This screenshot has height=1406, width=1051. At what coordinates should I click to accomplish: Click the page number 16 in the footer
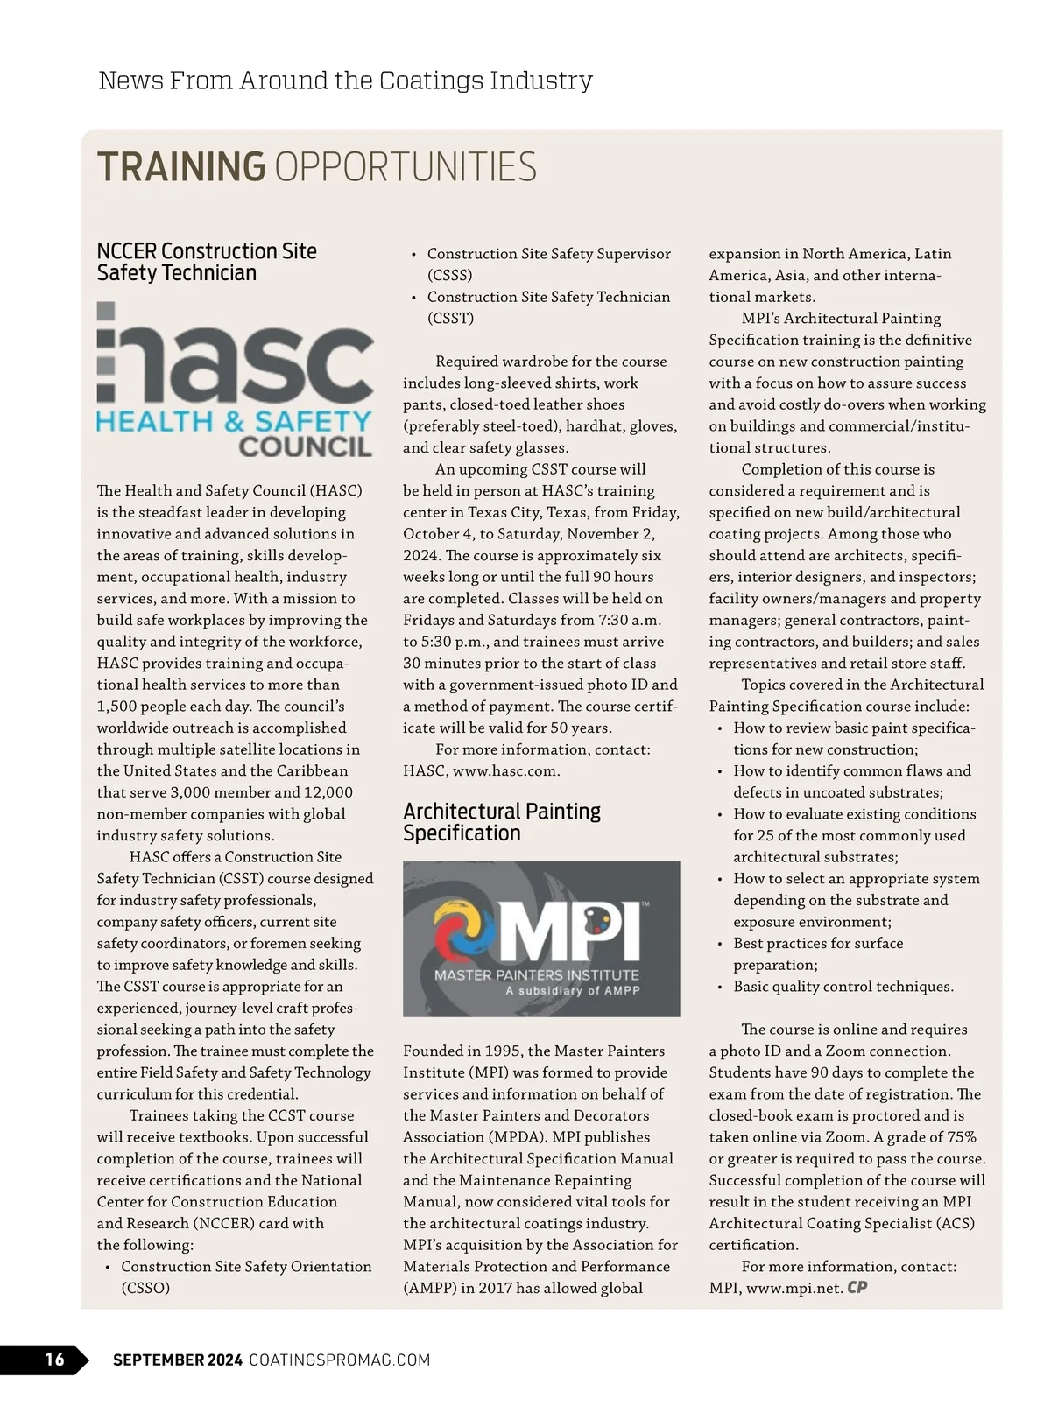tap(54, 1359)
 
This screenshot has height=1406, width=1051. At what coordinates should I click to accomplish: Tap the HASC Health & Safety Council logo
tap(235, 380)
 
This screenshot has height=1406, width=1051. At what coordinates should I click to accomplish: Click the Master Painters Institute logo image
tap(541, 939)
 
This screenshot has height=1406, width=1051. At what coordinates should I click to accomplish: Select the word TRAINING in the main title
tap(181, 167)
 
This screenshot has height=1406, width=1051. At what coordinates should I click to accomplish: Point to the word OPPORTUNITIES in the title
tap(406, 167)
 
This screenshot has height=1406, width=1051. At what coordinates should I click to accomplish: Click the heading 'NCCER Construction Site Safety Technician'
tap(207, 262)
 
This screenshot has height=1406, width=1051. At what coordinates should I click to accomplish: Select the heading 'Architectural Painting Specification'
tap(502, 822)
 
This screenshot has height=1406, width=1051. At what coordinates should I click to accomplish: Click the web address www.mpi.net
tap(794, 1288)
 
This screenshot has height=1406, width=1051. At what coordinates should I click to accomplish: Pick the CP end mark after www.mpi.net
tap(857, 1288)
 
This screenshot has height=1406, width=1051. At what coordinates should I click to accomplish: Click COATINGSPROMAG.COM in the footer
tap(340, 1360)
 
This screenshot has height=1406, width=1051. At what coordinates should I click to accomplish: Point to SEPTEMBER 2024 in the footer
tap(178, 1360)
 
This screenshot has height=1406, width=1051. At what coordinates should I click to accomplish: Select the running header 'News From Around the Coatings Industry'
tap(345, 81)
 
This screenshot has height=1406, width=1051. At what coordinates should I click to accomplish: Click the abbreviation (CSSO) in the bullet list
tap(145, 1288)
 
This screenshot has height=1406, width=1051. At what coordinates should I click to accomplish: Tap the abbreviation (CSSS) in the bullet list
tap(450, 275)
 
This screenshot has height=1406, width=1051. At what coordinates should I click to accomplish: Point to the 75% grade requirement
tap(960, 1137)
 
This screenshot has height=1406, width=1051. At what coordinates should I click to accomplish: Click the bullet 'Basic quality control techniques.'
tap(843, 987)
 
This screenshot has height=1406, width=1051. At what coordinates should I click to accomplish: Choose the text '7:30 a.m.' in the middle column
tap(631, 620)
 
